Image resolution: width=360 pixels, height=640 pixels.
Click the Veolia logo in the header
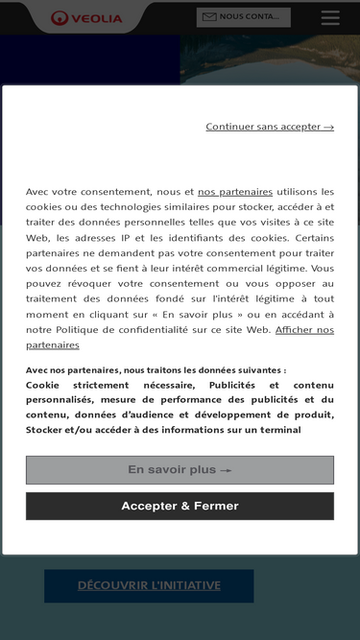pyautogui.click(x=87, y=17)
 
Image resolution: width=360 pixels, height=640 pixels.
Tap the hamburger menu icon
pyautogui.click(x=330, y=17)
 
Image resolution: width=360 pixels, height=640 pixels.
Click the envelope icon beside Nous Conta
pyautogui.click(x=209, y=17)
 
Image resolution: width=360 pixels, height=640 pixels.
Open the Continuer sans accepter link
pyautogui.click(x=270, y=126)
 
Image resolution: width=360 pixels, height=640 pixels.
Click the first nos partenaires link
pyautogui.click(x=235, y=192)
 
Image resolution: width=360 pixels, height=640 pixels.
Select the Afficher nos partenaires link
pyautogui.click(x=304, y=330)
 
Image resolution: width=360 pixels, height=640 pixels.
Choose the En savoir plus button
pyautogui.click(x=180, y=470)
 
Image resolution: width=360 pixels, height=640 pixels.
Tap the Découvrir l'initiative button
pyautogui.click(x=149, y=585)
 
